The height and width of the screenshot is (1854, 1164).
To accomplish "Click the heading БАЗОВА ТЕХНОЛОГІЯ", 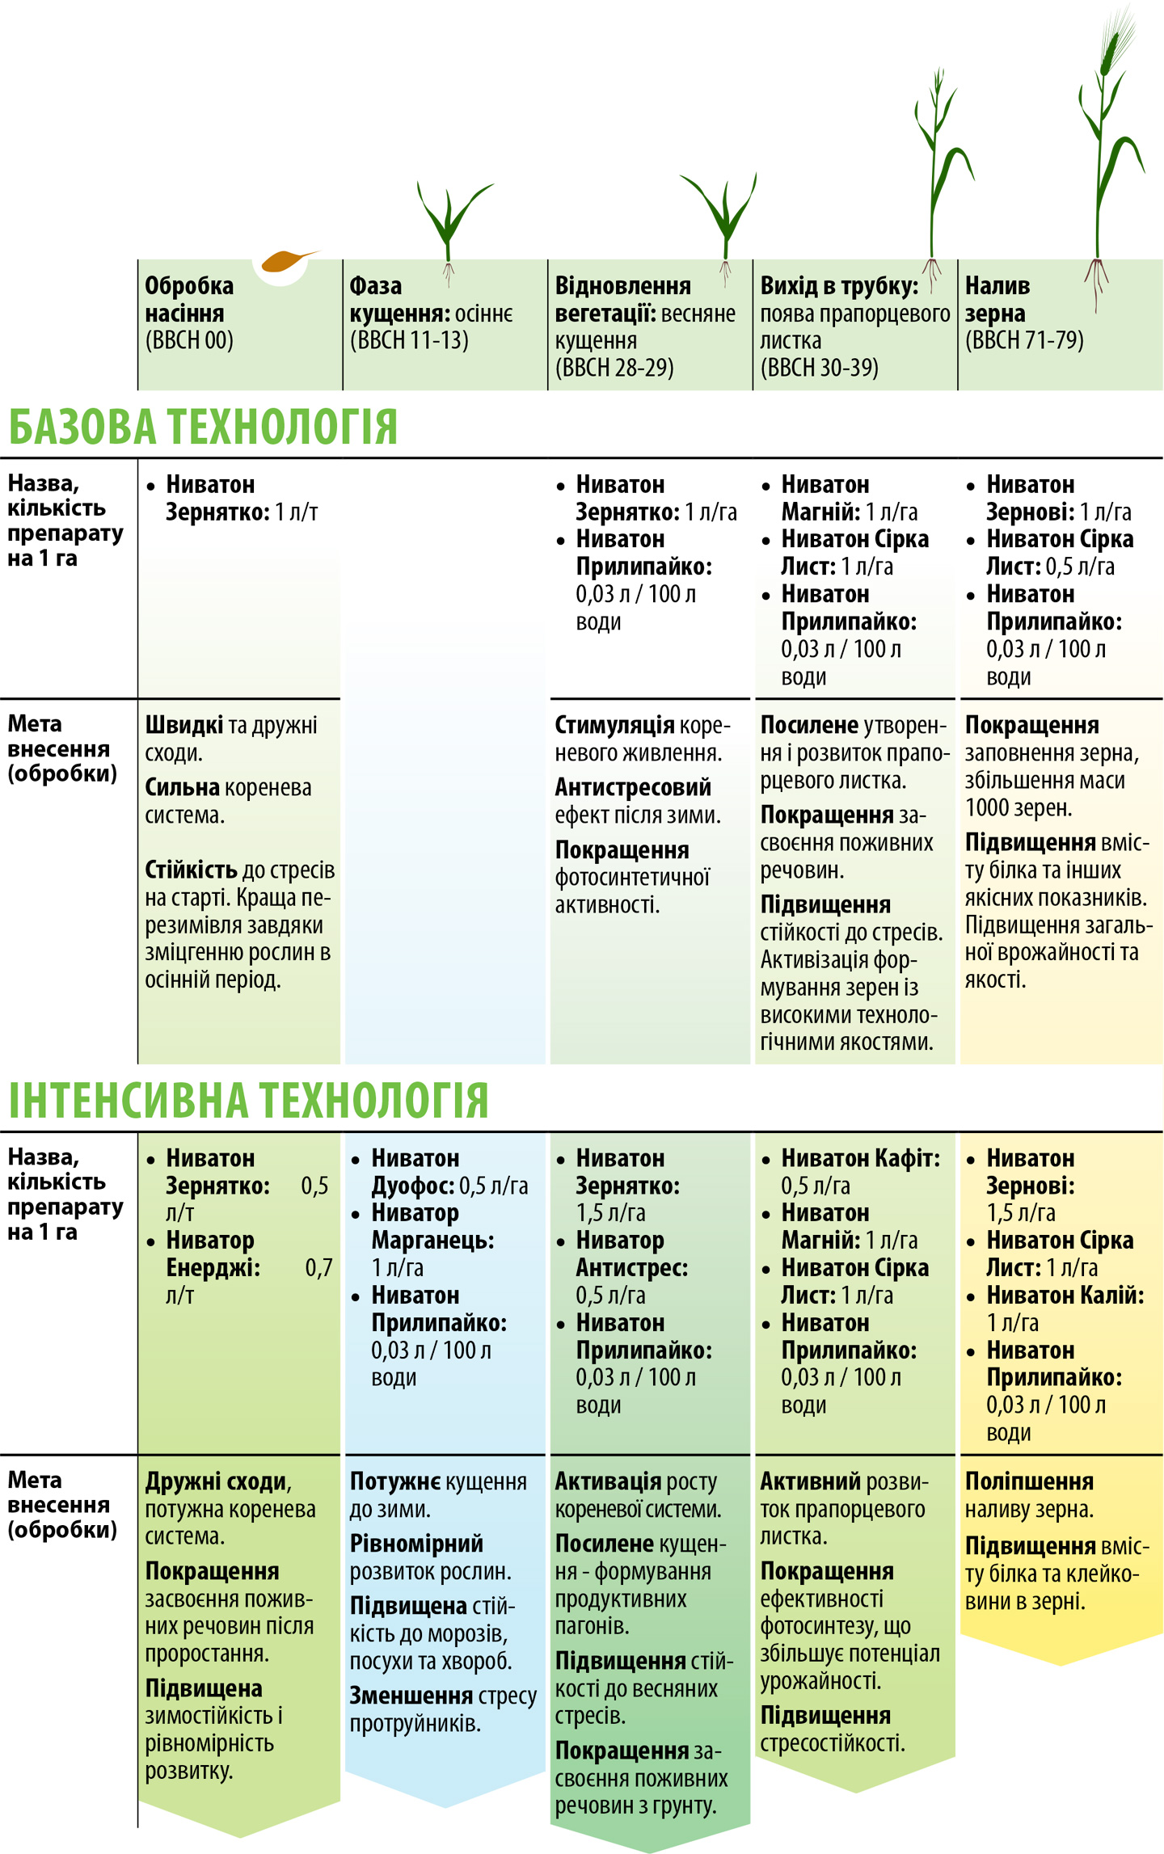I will pos(203,427).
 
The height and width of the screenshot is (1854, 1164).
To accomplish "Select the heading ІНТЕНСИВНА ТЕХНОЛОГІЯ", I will pos(249,1100).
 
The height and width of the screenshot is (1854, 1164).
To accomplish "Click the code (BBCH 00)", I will pos(189,340).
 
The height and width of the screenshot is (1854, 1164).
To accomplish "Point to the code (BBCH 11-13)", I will pos(409,340).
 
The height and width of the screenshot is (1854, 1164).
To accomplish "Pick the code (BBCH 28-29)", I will pos(614,368).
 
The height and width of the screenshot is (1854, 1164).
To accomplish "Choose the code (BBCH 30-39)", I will pos(819,368).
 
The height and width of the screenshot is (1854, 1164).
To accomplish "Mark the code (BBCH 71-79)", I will pos(1024,340).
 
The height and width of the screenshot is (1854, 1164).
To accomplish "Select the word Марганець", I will pos(432,1240).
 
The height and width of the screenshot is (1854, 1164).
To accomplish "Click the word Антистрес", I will pos(631,1267).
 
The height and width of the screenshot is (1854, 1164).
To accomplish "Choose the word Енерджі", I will pos(213,1267).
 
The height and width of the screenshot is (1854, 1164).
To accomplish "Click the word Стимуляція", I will pos(614,725).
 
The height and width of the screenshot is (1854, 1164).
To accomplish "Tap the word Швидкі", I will pos(183,725).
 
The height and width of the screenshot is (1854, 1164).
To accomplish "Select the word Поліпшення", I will pos(1029,1481).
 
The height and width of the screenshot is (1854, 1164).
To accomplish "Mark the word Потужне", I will pos(394,1481).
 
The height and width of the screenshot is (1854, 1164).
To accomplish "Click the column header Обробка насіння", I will pos(189,299).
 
